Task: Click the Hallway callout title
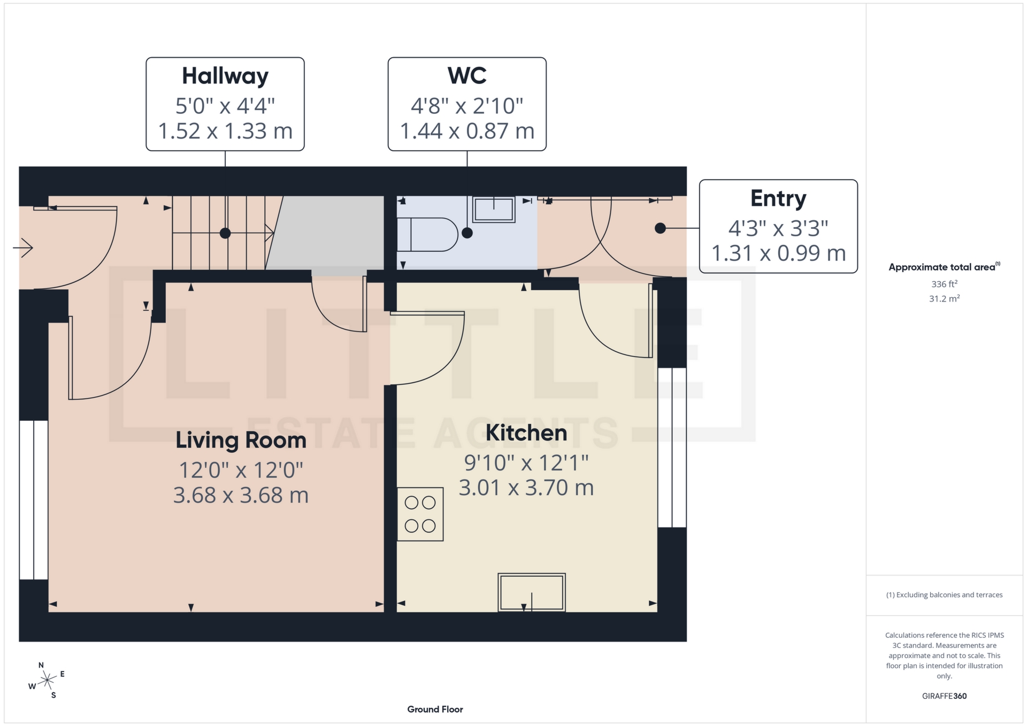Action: [x=225, y=76]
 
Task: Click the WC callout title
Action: [x=467, y=76]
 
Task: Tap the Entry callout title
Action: [x=778, y=198]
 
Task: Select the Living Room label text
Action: [x=241, y=440]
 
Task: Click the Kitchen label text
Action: [x=526, y=432]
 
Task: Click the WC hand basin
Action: [x=494, y=209]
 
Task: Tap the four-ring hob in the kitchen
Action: [x=420, y=514]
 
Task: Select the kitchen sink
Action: [x=532, y=592]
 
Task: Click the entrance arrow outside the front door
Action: [x=24, y=248]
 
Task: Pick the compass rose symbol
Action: [x=48, y=681]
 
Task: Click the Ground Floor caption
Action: [x=435, y=709]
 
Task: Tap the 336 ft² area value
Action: [x=944, y=284]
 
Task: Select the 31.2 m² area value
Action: [x=944, y=298]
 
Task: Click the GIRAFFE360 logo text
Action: [x=944, y=696]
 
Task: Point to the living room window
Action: [x=34, y=500]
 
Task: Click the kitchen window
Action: [x=672, y=447]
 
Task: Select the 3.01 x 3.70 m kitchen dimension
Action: [x=526, y=488]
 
